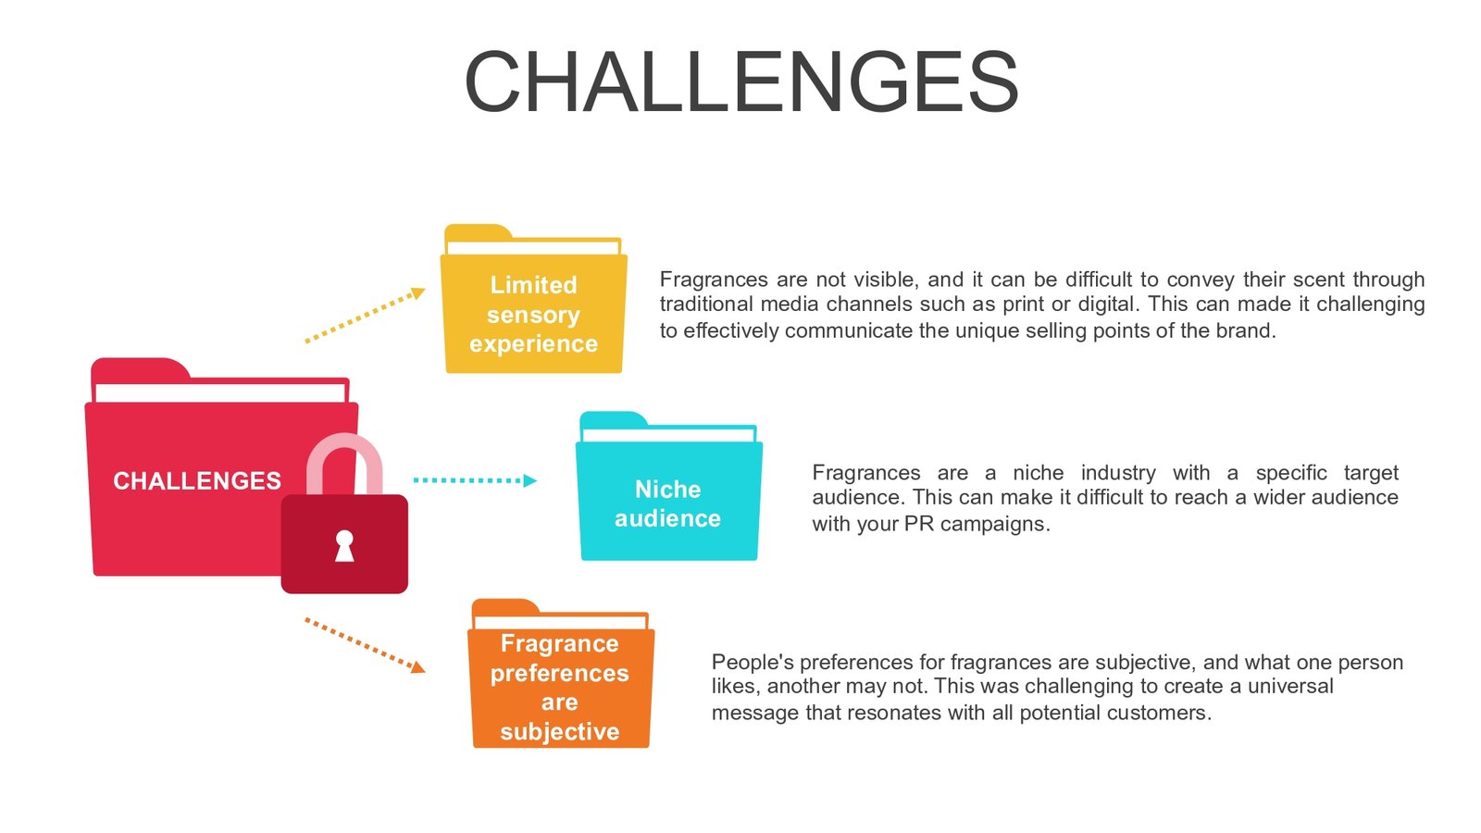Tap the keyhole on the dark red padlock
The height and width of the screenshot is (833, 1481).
(x=344, y=545)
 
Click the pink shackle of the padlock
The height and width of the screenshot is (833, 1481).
(x=344, y=454)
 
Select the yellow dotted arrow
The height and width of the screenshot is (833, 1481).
(x=365, y=316)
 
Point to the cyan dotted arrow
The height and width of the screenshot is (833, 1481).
(x=474, y=480)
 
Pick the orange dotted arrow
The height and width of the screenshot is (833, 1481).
(x=365, y=645)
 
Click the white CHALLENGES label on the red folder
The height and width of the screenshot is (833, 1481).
(x=197, y=481)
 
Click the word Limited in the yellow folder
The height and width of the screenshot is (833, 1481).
(x=533, y=285)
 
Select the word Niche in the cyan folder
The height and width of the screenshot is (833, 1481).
(x=667, y=490)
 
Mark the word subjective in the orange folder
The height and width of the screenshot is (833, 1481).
(x=560, y=732)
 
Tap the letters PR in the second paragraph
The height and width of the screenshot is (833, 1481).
(x=919, y=524)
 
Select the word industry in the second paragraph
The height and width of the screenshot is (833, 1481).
(x=1117, y=473)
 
